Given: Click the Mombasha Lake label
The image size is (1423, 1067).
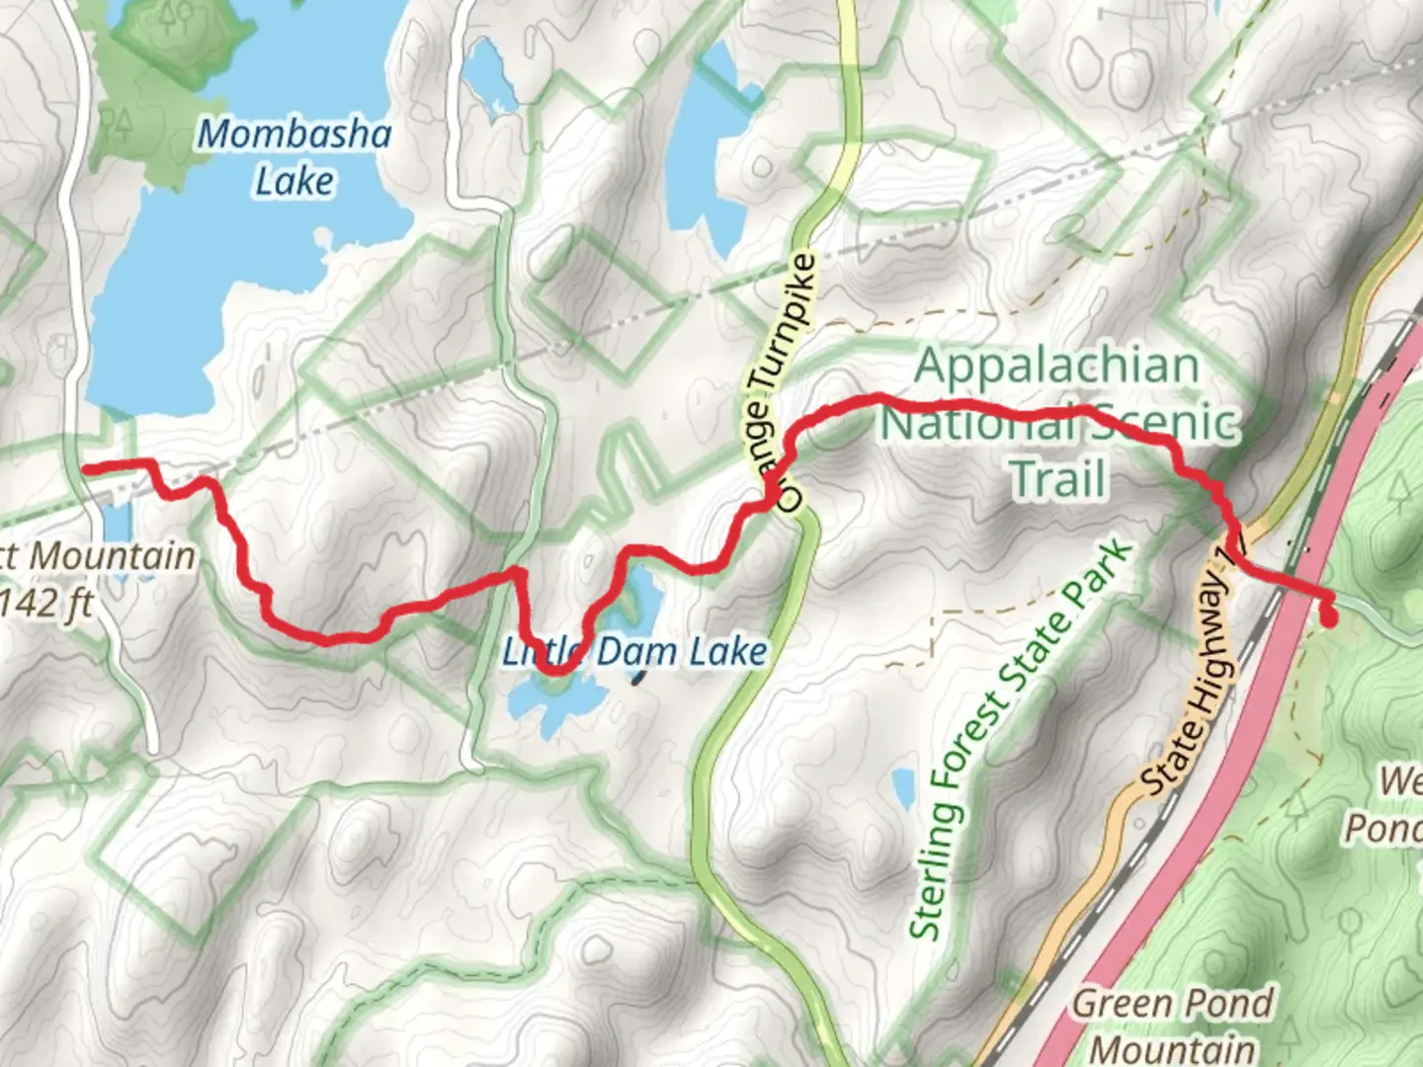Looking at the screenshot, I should (294, 157).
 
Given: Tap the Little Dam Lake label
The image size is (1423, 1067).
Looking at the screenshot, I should (634, 651).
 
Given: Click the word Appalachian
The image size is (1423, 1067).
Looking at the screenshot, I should (1056, 366).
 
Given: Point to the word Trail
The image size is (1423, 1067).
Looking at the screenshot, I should (1057, 479).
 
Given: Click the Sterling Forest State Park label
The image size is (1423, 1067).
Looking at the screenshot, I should (1018, 741).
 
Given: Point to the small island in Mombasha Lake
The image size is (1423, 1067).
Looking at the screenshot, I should (323, 238).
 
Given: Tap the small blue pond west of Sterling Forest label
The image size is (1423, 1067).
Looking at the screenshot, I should (903, 788).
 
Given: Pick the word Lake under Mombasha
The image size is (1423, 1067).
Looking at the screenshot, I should (294, 182).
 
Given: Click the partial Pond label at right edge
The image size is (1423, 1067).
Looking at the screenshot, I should (1383, 827).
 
